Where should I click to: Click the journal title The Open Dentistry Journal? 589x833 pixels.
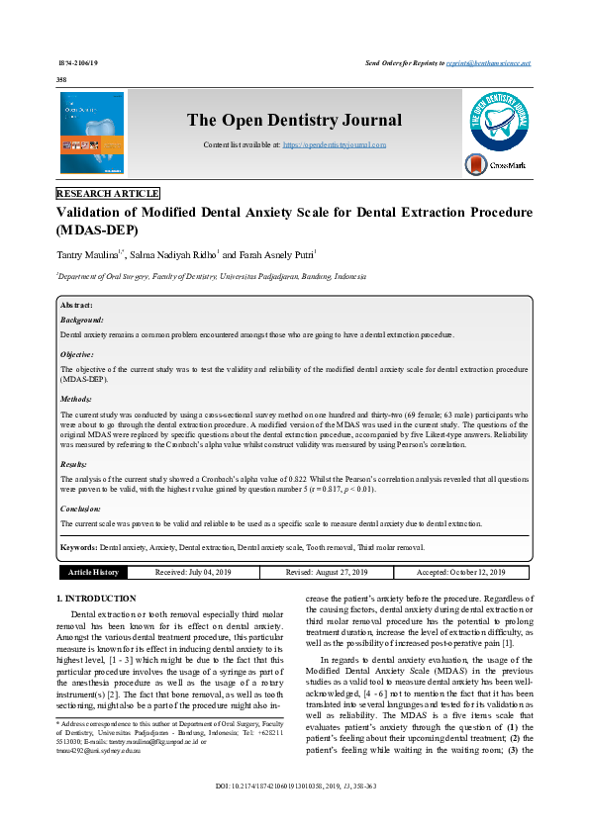click(294, 121)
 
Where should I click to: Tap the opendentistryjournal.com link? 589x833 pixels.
click(334, 144)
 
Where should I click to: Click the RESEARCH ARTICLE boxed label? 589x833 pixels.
click(108, 194)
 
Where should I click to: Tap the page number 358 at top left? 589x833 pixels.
click(62, 78)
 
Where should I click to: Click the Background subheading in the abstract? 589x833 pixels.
click(81, 321)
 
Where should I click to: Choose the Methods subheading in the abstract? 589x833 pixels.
click(77, 400)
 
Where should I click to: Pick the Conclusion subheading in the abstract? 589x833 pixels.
click(82, 509)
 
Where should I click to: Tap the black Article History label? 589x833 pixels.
click(93, 572)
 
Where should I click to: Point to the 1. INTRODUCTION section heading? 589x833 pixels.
click(96, 599)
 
